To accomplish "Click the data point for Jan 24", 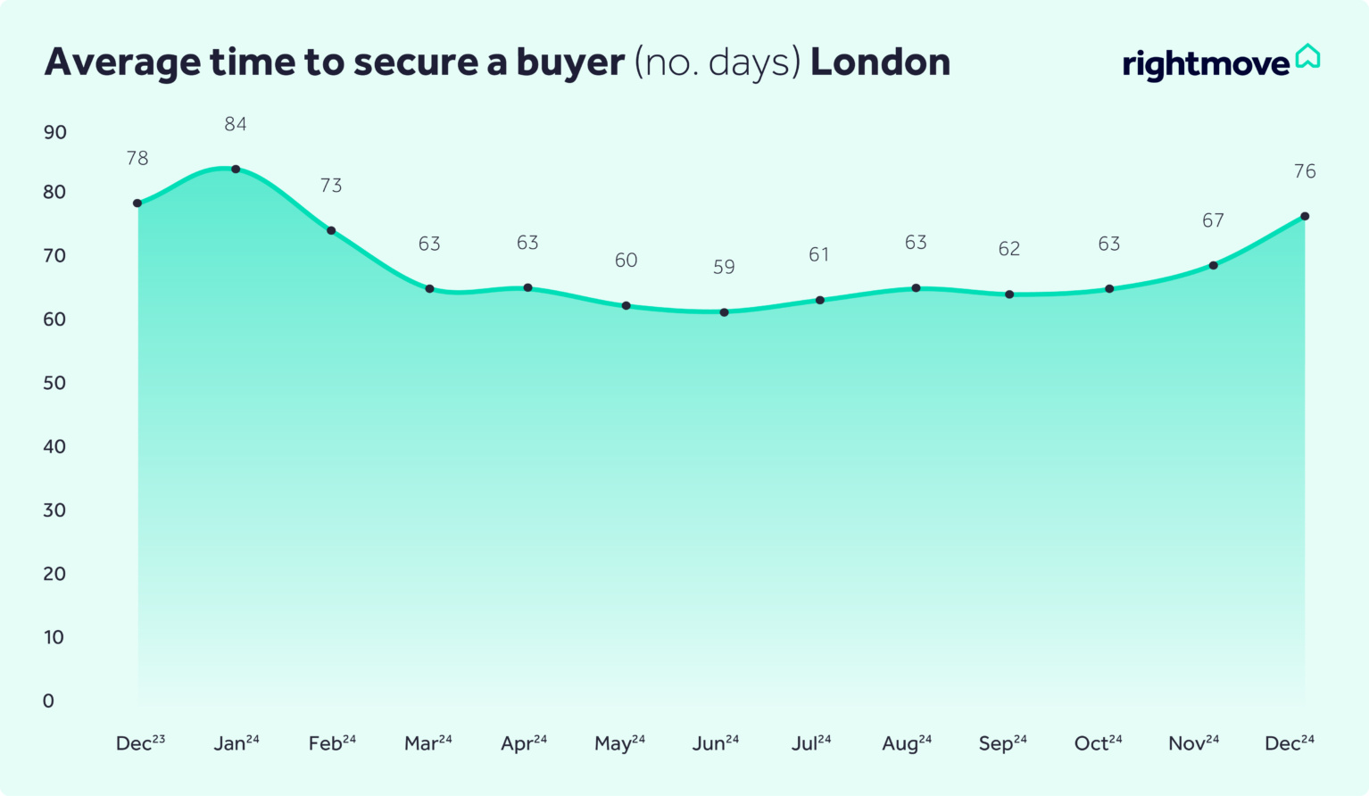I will (236, 169).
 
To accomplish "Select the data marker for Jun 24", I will (724, 312).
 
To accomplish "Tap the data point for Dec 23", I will (137, 203).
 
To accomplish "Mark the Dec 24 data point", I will (1305, 216).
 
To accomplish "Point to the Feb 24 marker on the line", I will (331, 230).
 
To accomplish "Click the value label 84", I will (236, 125).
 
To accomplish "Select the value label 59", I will (724, 268).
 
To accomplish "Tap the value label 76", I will (1305, 171).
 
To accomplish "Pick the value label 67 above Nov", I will (1213, 220).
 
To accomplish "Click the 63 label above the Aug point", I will (916, 243).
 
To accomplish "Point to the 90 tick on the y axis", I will (55, 133).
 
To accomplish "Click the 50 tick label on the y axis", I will (55, 383).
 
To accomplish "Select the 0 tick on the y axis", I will (48, 701).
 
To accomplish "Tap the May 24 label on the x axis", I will (619, 743).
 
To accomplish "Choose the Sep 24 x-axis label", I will (1002, 743).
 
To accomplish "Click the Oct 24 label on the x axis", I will (1098, 743).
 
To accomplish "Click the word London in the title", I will (880, 62).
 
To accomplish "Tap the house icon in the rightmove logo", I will (1307, 56).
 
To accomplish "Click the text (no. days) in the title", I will (718, 62).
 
